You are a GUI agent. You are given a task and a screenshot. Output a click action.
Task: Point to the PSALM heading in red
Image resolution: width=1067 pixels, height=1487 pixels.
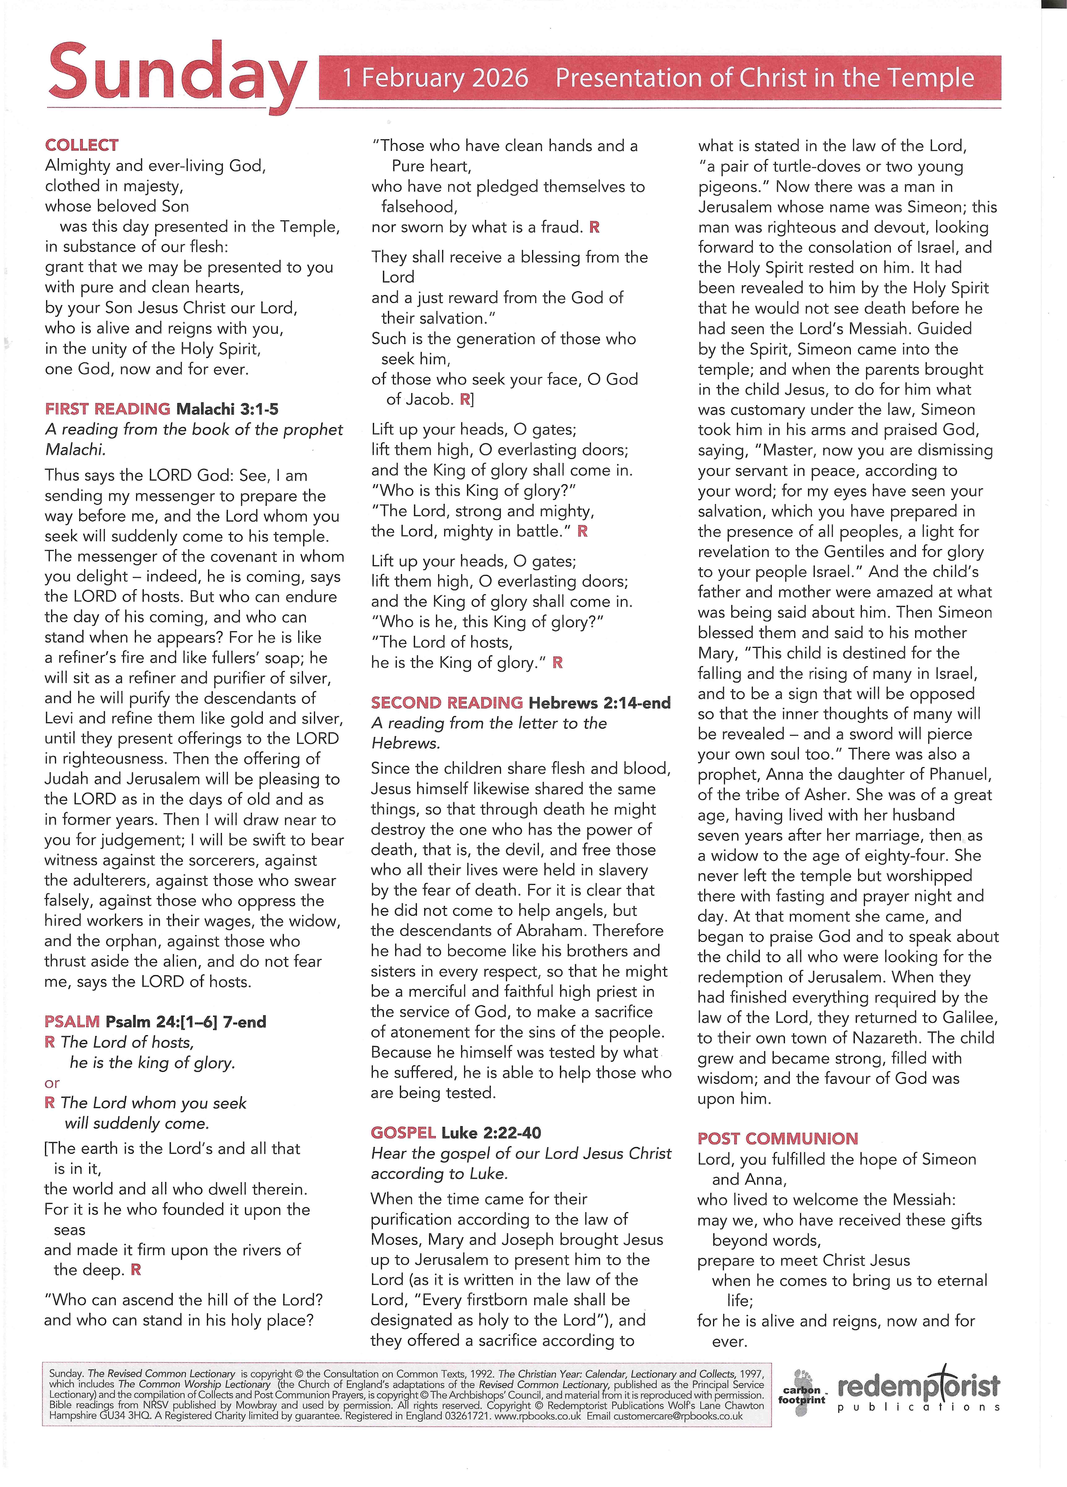pos(72,1021)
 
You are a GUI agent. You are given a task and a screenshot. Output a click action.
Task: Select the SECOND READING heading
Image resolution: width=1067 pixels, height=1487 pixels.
pos(447,703)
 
